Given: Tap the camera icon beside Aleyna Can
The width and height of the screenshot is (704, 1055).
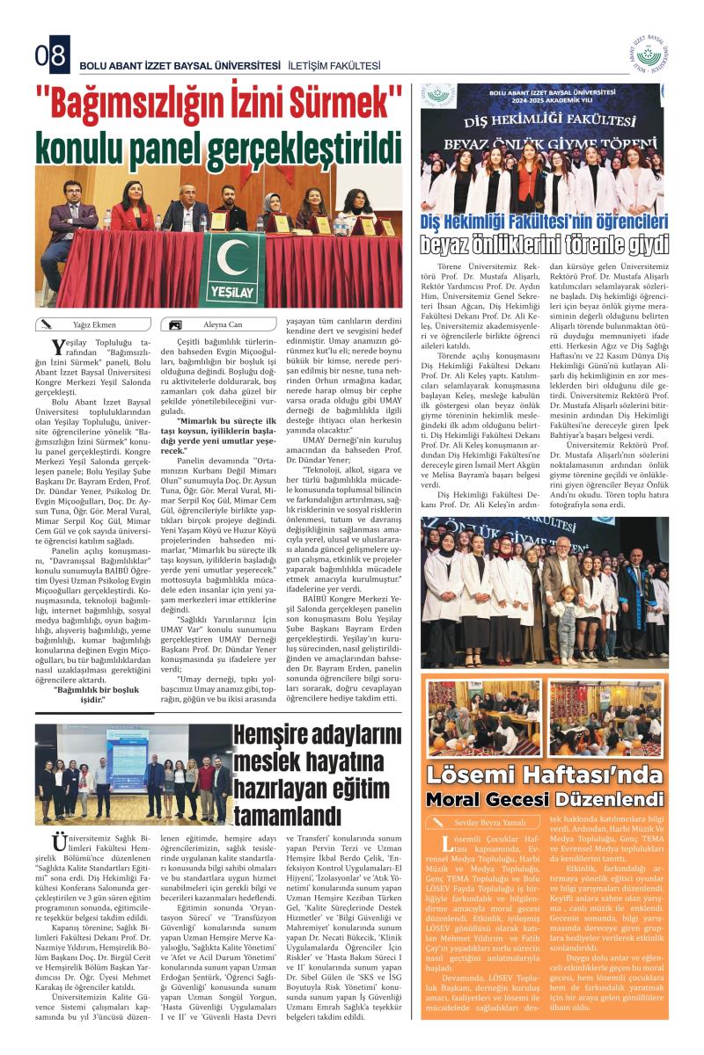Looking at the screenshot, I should [x=177, y=324].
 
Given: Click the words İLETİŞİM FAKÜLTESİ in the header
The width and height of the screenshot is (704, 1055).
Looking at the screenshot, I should [x=334, y=65].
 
